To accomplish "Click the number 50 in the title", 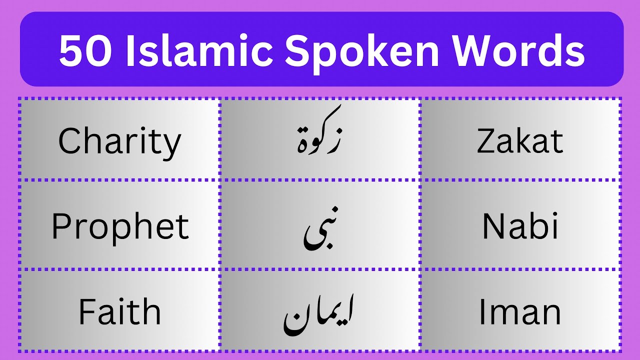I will [x=85, y=51].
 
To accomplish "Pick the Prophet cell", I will [x=120, y=226].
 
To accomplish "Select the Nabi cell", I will [x=520, y=226].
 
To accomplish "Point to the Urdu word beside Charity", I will [x=319, y=135].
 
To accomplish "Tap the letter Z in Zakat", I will [x=486, y=141].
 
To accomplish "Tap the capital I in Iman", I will [x=483, y=312].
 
